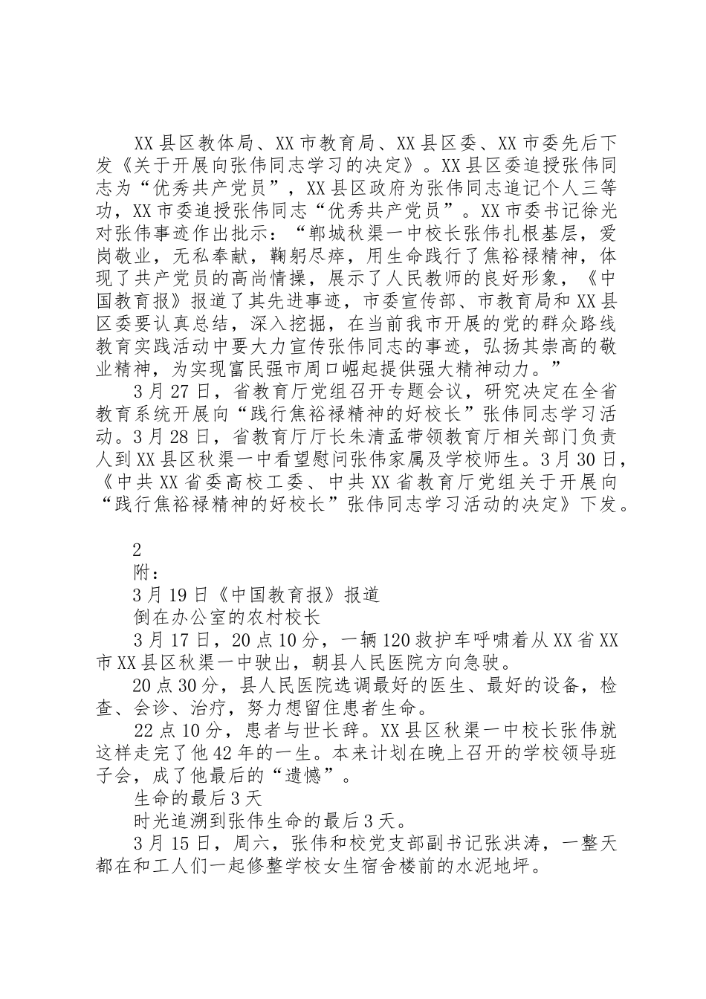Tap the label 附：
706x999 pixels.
tap(146, 573)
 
